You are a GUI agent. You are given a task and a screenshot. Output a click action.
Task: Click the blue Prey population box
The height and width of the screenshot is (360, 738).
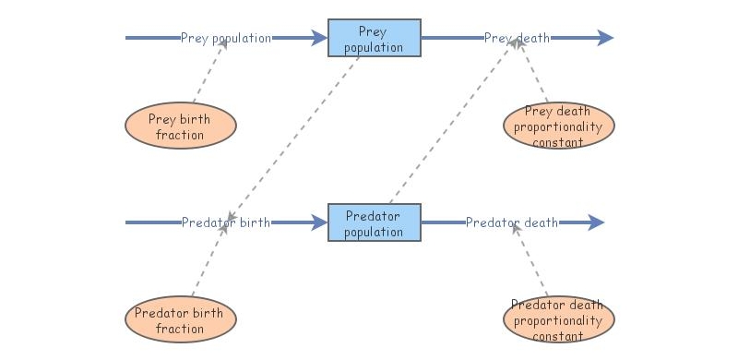(375, 38)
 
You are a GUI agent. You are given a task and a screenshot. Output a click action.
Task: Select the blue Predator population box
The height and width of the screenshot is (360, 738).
(375, 222)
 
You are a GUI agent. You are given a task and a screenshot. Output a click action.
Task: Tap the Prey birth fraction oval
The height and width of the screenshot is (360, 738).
(180, 126)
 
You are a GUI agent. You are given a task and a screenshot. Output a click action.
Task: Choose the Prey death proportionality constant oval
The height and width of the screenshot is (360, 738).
(558, 126)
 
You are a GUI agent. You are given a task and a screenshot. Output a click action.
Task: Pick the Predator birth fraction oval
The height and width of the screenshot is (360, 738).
(180, 319)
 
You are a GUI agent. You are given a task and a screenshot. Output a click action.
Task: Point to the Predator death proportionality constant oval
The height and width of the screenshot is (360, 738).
(558, 319)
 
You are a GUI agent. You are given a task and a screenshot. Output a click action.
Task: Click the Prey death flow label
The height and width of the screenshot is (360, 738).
(517, 38)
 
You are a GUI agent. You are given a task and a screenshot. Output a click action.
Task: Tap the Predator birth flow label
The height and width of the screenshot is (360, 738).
(225, 222)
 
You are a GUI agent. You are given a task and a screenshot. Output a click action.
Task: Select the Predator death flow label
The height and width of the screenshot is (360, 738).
(511, 222)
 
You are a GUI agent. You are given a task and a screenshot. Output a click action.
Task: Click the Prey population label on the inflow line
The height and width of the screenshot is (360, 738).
(226, 38)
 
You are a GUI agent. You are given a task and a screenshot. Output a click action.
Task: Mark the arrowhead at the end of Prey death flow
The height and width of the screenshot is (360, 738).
(604, 38)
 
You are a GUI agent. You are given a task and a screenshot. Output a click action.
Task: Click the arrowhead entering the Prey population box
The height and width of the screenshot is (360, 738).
(318, 38)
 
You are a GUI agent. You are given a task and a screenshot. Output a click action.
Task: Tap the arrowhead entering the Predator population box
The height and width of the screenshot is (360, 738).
(318, 222)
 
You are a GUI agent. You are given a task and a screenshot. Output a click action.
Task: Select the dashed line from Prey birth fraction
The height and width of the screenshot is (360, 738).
(208, 74)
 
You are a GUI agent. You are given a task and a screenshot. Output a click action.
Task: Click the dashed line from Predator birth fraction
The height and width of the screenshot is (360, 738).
(208, 263)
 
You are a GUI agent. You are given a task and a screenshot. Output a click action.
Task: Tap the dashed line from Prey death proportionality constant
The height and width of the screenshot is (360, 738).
(535, 78)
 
